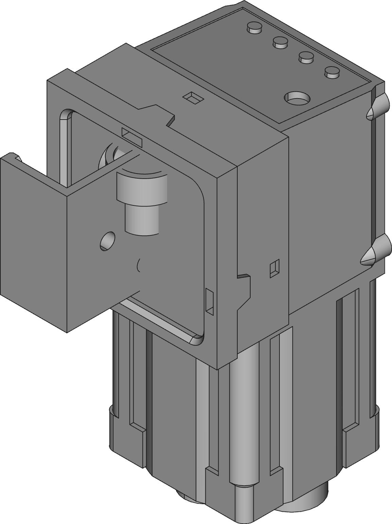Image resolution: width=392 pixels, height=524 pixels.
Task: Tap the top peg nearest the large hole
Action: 332,72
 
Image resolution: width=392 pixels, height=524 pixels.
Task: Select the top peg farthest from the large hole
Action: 254,27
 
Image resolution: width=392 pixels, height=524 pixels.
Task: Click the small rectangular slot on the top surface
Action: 193,97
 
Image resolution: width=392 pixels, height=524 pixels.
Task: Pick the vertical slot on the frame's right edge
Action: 210,301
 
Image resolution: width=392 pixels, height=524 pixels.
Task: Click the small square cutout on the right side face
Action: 274,268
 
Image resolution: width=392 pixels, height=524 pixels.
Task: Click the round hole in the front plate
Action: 107,241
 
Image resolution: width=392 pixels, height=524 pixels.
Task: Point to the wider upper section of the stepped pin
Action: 142,188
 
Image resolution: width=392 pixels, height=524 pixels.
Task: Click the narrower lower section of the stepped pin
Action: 142,220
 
